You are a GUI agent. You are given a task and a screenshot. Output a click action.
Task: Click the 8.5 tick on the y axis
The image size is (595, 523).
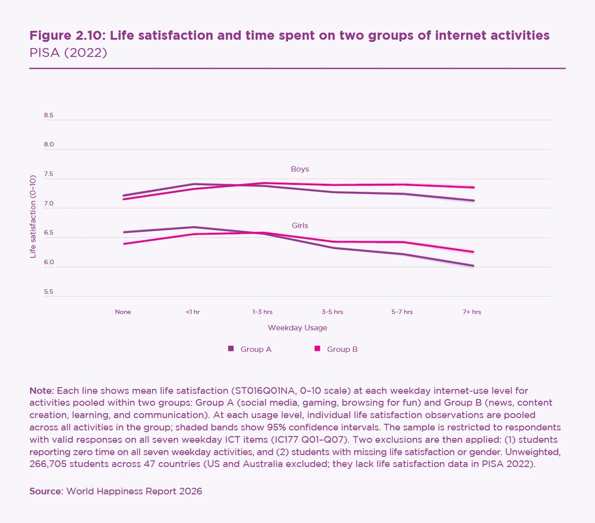click(48, 116)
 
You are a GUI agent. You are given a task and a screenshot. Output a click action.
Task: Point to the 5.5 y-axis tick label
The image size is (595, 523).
click(48, 292)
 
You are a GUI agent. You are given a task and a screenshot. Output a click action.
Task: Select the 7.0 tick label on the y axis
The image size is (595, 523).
click(48, 204)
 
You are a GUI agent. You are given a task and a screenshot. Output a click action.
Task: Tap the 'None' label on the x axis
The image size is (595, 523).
click(123, 312)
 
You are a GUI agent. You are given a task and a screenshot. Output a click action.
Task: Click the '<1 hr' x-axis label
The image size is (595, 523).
click(193, 312)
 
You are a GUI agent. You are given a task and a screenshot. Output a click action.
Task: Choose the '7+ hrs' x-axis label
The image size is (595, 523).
click(472, 312)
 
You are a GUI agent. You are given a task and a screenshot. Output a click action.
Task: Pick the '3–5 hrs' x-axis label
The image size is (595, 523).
click(332, 312)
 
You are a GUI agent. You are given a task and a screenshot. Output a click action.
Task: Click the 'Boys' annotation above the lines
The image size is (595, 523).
click(300, 169)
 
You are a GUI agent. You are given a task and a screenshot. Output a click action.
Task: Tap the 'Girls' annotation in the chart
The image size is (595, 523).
click(300, 226)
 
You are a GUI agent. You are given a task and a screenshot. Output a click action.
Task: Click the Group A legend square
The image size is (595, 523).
click(231, 349)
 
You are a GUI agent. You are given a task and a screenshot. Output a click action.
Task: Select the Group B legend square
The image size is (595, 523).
click(317, 349)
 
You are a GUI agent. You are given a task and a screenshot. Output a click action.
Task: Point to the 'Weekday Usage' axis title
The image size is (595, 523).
click(297, 328)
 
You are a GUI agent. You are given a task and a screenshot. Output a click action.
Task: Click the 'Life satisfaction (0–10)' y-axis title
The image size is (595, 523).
click(33, 217)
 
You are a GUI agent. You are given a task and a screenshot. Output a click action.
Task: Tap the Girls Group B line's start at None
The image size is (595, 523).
click(124, 243)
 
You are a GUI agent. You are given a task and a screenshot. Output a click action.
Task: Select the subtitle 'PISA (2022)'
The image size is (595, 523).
click(68, 53)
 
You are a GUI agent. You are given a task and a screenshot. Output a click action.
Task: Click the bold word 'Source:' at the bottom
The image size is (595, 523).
click(46, 491)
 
